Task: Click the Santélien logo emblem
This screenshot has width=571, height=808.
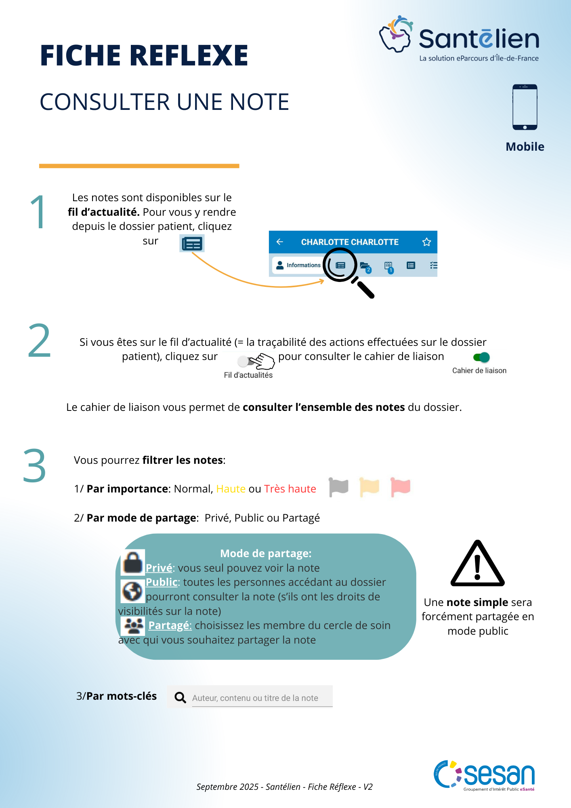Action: [x=396, y=34]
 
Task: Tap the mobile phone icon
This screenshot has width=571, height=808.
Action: [x=525, y=107]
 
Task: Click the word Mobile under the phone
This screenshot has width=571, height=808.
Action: [x=525, y=147]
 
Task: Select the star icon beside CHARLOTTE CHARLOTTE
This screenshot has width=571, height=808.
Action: [x=426, y=242]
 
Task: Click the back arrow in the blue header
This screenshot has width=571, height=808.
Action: [x=279, y=242]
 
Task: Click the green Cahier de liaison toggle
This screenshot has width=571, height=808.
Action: [x=481, y=357]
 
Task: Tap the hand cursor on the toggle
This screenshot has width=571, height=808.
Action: [x=263, y=361]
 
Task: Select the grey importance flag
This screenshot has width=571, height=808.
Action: [x=338, y=487]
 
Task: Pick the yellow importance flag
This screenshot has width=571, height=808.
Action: [x=369, y=487]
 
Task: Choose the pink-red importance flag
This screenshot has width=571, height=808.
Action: [x=400, y=487]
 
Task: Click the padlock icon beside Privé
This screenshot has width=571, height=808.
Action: [x=133, y=562]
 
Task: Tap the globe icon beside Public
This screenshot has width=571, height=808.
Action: [x=132, y=591]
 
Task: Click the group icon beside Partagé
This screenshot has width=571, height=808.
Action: [x=134, y=626]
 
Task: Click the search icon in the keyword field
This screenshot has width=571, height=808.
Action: [x=180, y=697]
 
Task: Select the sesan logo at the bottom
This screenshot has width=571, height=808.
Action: [x=484, y=775]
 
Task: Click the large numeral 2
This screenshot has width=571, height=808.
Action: [x=39, y=341]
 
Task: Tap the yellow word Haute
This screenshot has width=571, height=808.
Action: [x=231, y=489]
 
